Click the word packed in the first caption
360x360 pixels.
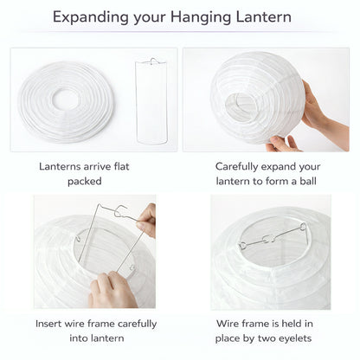[84, 181]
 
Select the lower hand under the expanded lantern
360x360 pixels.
[283, 142]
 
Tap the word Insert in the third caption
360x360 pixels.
[51, 324]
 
